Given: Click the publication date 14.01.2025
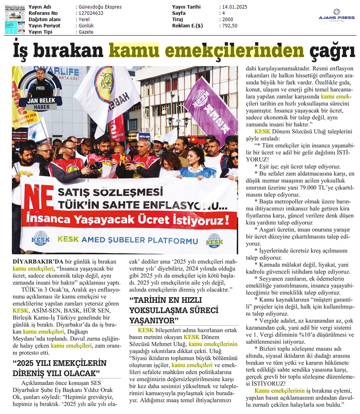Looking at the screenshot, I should click(x=233, y=7).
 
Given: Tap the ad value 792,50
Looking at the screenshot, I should click(x=230, y=26).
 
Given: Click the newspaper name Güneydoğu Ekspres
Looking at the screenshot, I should click(x=100, y=7).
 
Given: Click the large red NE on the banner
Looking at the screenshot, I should click(x=37, y=200).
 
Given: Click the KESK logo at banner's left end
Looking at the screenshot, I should click(x=41, y=238).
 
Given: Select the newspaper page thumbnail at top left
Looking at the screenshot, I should click(x=14, y=19).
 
